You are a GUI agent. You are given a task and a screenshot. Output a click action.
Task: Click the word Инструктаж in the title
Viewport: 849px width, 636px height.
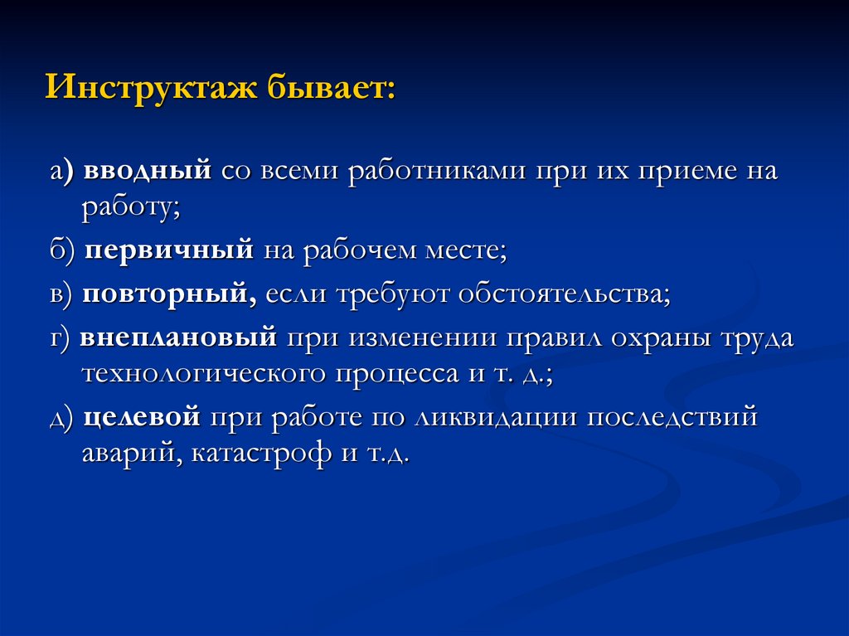[x=151, y=87]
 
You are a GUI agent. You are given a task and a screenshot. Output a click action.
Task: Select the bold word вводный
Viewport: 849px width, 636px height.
[x=148, y=170]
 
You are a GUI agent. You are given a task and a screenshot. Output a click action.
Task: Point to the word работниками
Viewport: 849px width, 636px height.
[x=436, y=171]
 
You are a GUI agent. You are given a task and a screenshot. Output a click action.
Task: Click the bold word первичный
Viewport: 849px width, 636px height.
[x=169, y=250]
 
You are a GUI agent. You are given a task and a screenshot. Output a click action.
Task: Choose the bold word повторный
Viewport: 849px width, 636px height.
[x=169, y=294]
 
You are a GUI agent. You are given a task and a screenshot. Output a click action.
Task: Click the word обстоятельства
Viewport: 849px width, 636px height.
[x=564, y=294]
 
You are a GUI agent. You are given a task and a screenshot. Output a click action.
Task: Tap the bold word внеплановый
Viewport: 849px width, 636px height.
[x=178, y=337]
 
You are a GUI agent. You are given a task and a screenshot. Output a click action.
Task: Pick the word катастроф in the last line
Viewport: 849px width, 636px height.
[x=261, y=454]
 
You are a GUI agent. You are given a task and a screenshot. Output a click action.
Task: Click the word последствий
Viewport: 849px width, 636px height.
[x=672, y=417]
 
